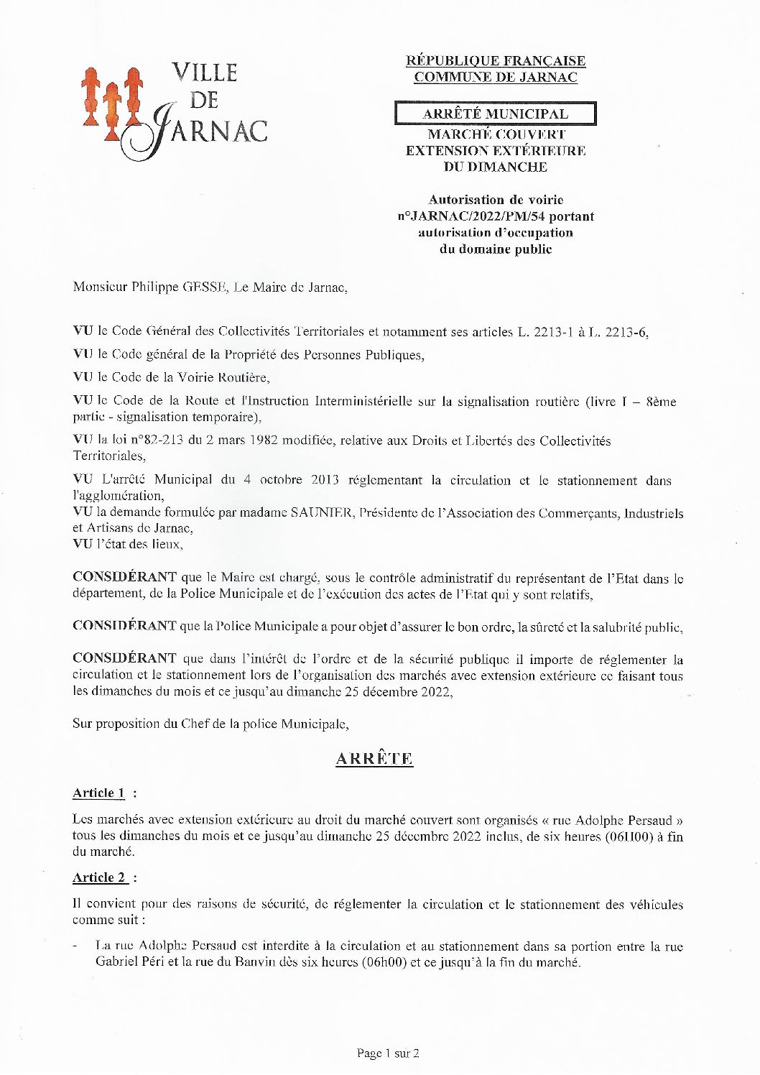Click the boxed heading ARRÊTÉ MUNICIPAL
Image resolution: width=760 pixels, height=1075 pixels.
(495, 114)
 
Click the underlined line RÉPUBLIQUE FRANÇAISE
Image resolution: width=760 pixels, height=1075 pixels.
(496, 61)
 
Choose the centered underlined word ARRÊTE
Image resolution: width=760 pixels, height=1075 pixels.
(374, 759)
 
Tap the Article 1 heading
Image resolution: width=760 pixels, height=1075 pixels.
(99, 793)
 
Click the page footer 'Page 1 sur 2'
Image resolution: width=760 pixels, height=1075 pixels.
(388, 1053)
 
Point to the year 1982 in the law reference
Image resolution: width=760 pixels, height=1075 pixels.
(263, 440)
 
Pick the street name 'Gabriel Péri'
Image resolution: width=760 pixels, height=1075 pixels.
(129, 961)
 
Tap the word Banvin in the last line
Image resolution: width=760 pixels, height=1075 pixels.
(256, 961)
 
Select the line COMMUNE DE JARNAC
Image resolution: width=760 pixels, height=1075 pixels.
(496, 78)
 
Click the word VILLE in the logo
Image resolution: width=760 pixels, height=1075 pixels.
(205, 73)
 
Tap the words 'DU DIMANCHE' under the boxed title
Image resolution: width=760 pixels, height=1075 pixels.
(495, 167)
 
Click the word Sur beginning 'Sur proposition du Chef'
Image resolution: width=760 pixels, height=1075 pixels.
(81, 724)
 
